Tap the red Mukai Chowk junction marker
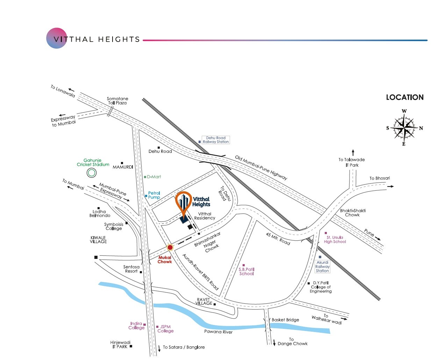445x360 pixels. (x=170, y=248)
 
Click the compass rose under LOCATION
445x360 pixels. (x=404, y=128)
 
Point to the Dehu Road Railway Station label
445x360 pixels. (x=215, y=140)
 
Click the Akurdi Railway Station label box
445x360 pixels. (x=322, y=267)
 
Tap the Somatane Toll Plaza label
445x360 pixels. (x=117, y=101)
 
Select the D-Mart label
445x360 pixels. (x=154, y=177)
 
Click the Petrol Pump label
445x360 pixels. (x=154, y=195)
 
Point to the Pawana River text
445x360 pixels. (x=218, y=332)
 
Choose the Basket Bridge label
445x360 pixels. (x=285, y=320)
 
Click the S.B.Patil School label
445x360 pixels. (x=246, y=271)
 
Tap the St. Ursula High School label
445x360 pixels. (x=335, y=240)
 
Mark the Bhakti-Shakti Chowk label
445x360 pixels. (x=353, y=213)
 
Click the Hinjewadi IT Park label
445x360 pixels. (x=120, y=345)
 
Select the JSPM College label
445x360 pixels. (x=165, y=329)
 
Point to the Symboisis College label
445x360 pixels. (x=114, y=226)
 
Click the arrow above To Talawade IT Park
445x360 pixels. (x=353, y=153)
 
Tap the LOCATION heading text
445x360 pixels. (x=404, y=98)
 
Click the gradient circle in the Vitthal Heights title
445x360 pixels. (x=57, y=38)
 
